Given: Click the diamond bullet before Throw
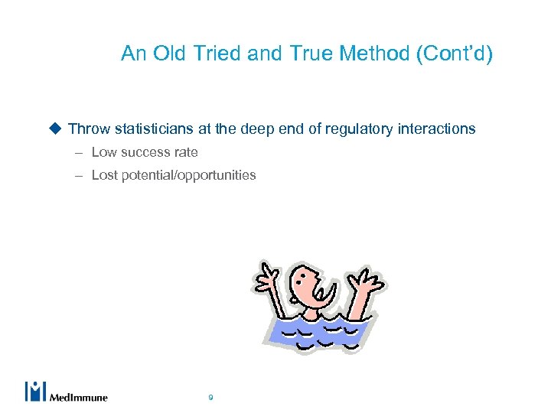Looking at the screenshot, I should tap(55, 128).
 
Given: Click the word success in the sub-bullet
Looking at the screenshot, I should tap(145, 152).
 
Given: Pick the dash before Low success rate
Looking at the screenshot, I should tap(79, 152).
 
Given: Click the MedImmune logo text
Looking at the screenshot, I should tap(79, 396).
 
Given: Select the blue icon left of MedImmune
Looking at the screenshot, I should tap(35, 391).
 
